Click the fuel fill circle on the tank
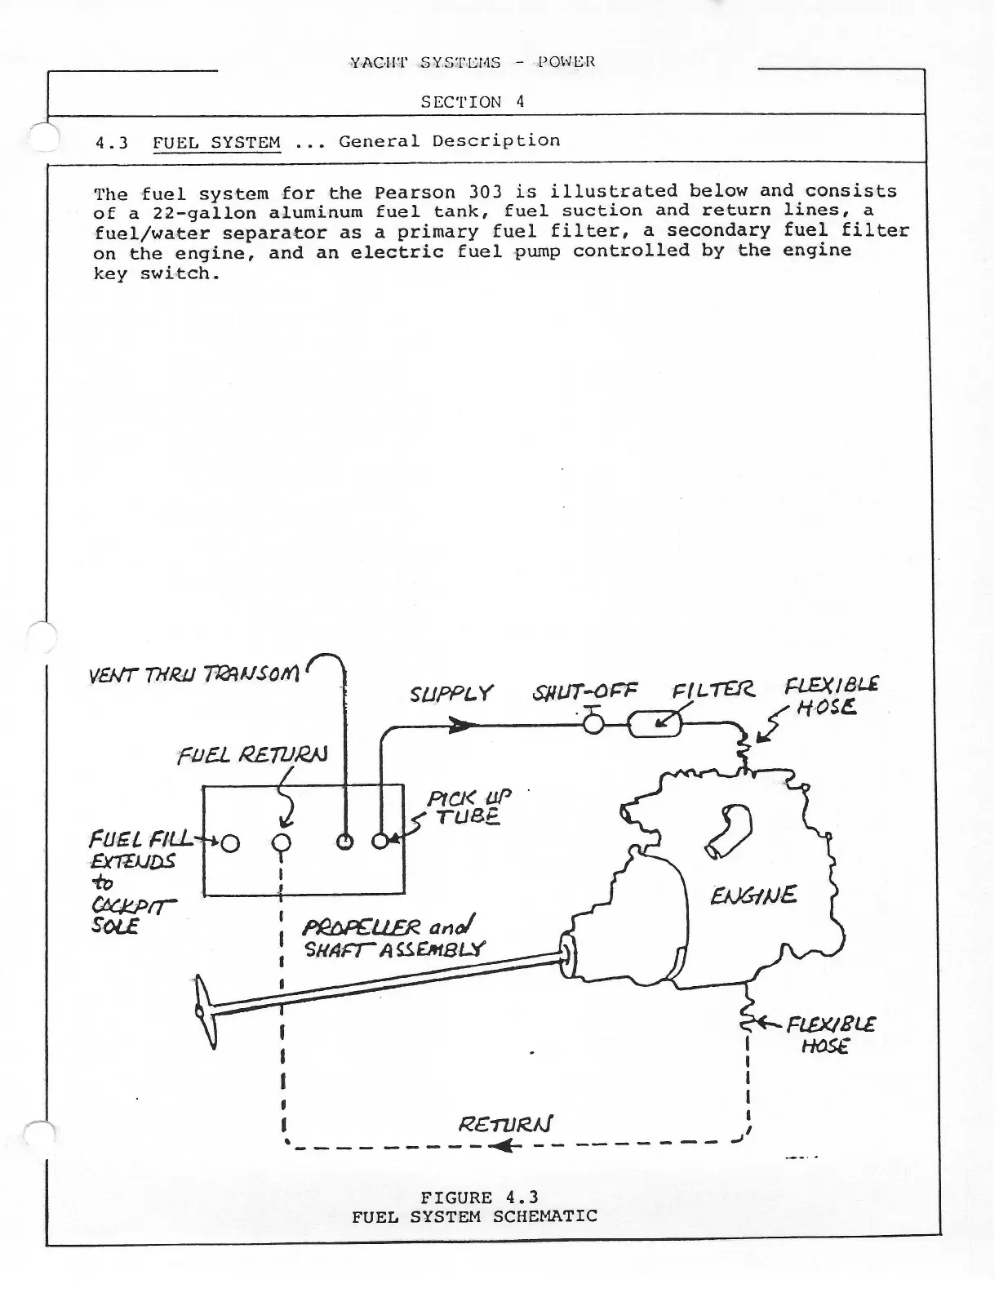click(230, 842)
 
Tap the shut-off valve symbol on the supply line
click(593, 723)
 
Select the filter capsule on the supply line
click(655, 723)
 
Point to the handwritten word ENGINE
click(753, 896)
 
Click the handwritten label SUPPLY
click(451, 694)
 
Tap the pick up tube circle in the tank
click(380, 842)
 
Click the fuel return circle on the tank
click(282, 842)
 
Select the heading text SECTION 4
click(472, 102)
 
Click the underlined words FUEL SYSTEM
click(216, 142)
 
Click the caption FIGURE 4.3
click(479, 1197)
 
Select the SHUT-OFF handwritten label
click(584, 694)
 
